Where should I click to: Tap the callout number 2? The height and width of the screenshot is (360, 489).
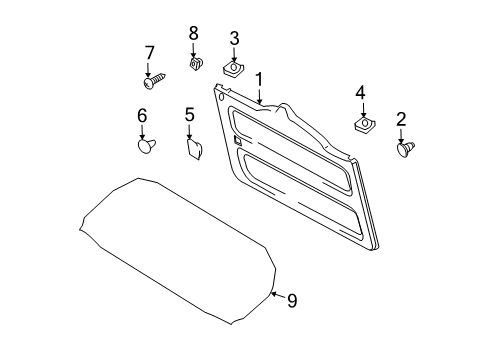(401, 119)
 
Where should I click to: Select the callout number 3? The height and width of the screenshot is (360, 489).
(234, 39)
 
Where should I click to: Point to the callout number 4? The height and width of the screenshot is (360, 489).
(360, 93)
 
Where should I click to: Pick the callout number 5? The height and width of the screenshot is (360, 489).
(189, 115)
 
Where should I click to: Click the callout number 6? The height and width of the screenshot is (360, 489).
(142, 116)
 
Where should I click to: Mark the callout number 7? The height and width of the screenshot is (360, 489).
(150, 52)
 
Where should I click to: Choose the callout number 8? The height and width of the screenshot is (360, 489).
(194, 34)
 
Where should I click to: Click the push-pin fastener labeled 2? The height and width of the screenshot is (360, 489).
(406, 149)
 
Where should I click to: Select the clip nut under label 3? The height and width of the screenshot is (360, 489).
(236, 70)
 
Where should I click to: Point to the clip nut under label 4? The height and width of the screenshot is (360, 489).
(362, 125)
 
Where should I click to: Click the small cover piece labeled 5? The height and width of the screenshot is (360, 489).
(193, 150)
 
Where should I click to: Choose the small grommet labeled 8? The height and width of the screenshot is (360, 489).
(196, 67)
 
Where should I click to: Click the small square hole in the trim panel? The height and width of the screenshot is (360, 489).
(239, 141)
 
